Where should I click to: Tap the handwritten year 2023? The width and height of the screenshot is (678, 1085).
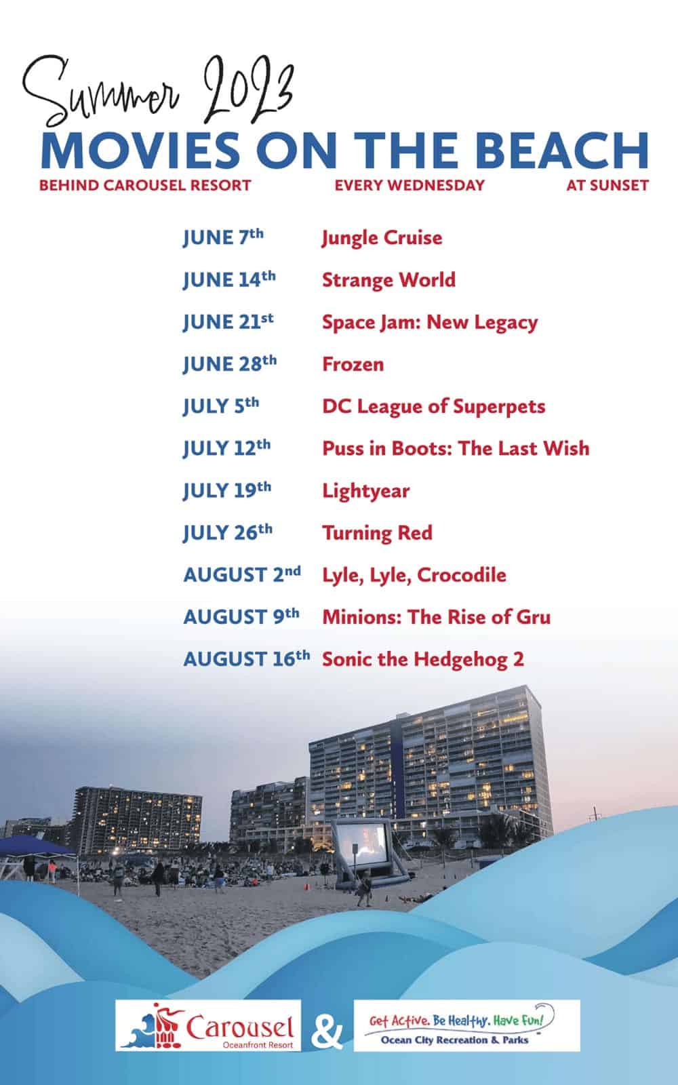(x=248, y=90)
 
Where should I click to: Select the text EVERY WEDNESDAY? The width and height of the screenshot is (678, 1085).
(x=410, y=185)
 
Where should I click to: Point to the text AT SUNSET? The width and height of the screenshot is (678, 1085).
(x=607, y=185)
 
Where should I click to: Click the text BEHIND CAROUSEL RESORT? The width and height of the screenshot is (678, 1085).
(x=145, y=185)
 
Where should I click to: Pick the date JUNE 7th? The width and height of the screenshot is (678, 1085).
(x=223, y=237)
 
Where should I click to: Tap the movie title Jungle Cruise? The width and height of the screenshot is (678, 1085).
(x=382, y=238)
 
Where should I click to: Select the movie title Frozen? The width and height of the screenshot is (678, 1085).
(x=353, y=364)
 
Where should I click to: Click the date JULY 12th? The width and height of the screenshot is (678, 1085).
(x=226, y=448)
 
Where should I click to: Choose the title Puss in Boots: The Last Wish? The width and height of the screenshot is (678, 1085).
(x=456, y=448)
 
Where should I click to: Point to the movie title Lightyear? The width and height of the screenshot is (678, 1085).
(x=366, y=491)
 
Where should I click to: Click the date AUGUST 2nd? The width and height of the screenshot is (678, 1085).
(x=242, y=574)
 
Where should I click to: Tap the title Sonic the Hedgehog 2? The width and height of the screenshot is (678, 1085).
(x=423, y=659)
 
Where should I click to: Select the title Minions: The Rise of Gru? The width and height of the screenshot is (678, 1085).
(x=437, y=617)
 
